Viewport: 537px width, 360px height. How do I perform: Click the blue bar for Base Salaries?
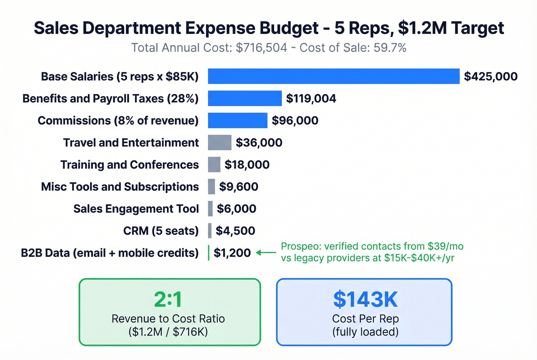tap(333, 76)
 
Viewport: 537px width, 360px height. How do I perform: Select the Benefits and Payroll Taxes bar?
tap(245, 99)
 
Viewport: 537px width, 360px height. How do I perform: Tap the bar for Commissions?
tap(237, 120)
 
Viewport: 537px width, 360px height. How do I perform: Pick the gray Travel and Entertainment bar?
tap(219, 143)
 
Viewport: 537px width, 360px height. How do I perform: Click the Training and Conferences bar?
tap(214, 164)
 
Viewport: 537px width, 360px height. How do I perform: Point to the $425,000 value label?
tap(491, 76)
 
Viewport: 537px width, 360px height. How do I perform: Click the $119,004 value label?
tap(311, 99)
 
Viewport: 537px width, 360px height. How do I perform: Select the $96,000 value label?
tap(295, 120)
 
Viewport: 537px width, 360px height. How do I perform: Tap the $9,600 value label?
tap(239, 187)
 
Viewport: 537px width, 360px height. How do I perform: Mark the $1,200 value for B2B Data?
tap(232, 253)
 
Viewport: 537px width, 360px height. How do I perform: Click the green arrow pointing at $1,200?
tap(266, 253)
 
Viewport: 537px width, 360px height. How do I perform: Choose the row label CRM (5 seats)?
tap(161, 231)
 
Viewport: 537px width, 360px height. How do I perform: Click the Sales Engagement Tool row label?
tap(136, 209)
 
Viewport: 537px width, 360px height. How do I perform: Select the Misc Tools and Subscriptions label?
tap(120, 187)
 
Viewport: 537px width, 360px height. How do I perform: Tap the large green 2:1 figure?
tap(168, 299)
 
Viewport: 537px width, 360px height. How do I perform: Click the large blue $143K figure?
tap(365, 299)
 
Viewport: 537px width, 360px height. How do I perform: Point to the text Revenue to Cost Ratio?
tap(168, 319)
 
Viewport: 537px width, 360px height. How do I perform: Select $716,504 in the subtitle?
tap(261, 48)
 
